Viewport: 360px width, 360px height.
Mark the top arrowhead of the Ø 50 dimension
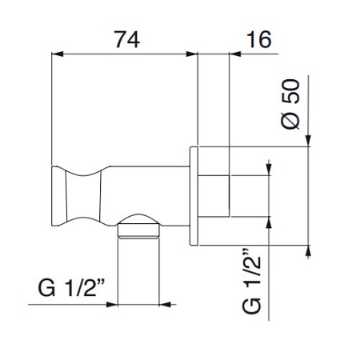tap(308, 142)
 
